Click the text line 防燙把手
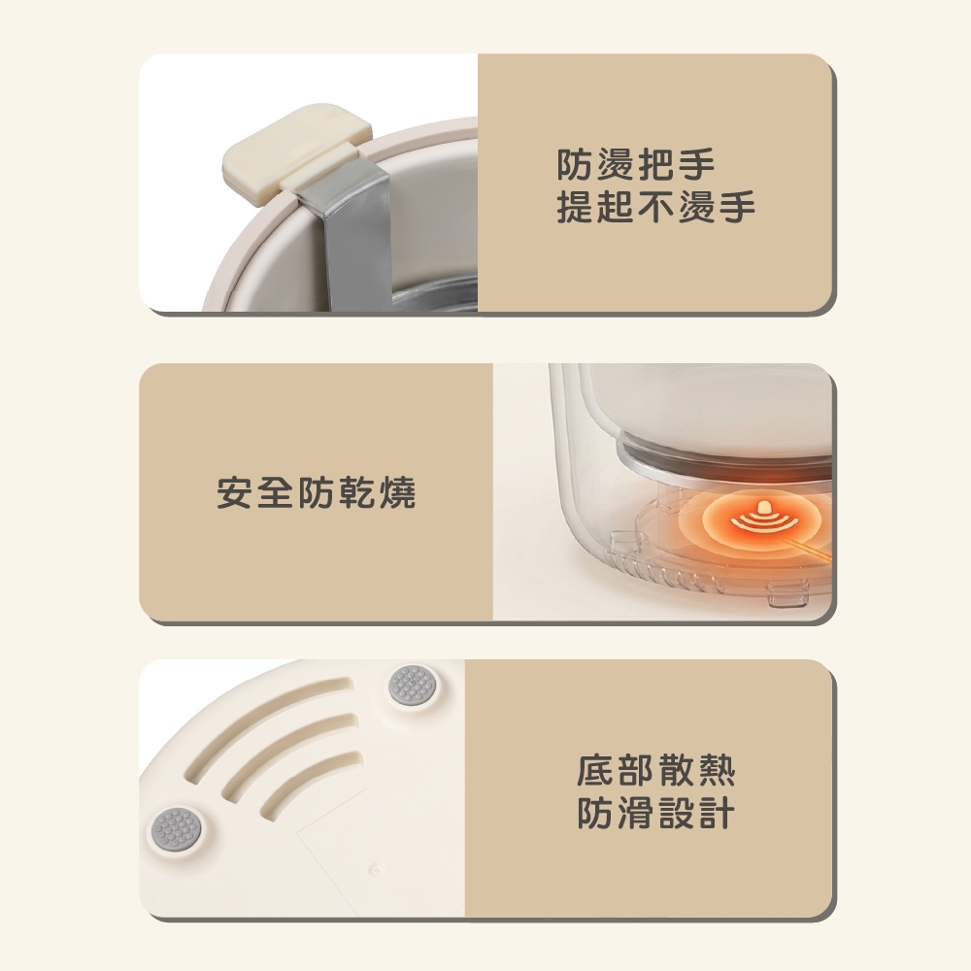[635, 164]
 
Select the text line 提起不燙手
[655, 207]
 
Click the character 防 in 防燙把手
[575, 164]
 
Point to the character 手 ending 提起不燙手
[737, 207]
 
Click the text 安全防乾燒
[316, 493]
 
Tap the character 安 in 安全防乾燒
[235, 493]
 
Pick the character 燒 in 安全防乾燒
[397, 493]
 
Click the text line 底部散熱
[655, 770]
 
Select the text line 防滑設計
[655, 813]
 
